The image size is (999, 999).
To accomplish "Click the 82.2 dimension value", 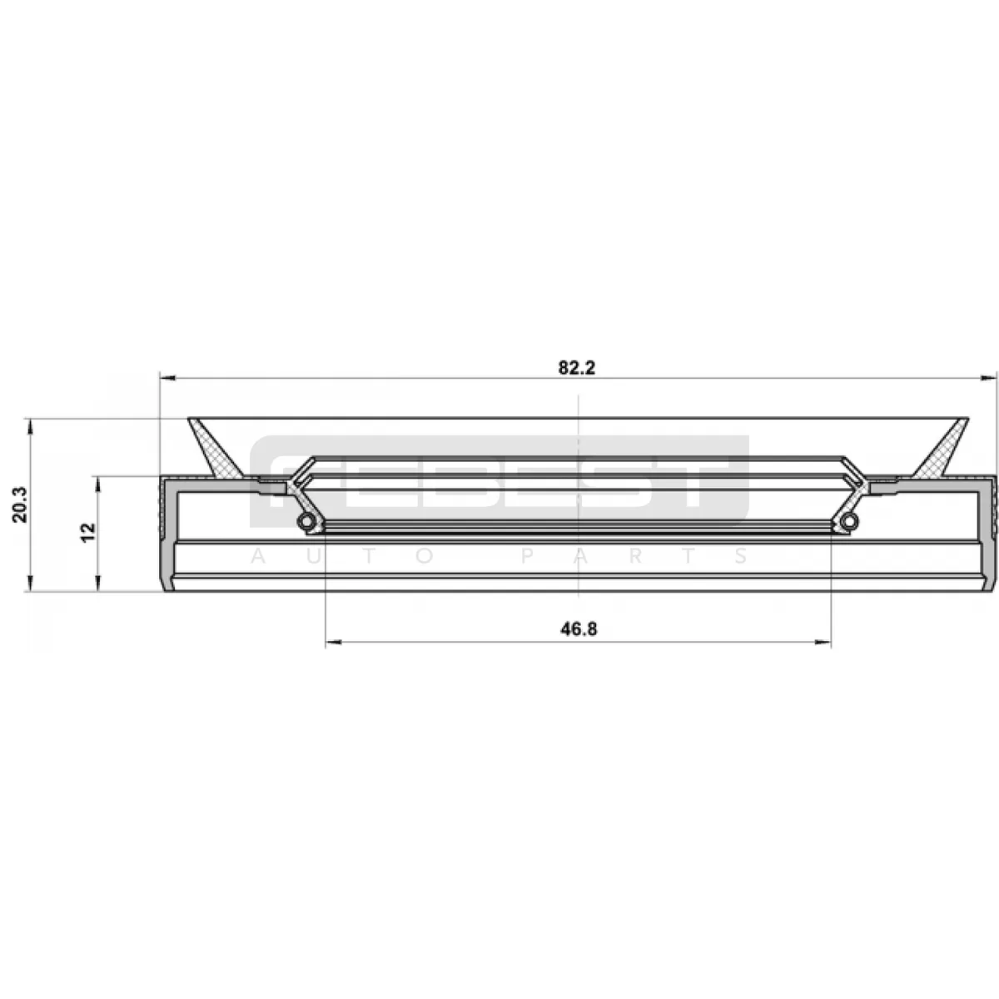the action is (577, 368).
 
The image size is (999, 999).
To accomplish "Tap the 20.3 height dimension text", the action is (21, 504).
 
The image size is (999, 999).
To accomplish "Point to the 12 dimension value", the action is (88, 533).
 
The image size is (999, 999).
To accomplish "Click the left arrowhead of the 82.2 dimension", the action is (168, 378).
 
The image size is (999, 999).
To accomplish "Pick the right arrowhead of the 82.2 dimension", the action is (988, 378).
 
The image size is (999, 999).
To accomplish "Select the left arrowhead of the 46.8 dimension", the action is (333, 643).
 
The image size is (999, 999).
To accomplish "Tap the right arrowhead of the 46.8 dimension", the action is (823, 643).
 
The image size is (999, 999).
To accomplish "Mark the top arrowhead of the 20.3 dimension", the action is (31, 427).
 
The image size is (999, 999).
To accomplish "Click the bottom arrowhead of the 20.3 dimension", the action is (31, 582).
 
